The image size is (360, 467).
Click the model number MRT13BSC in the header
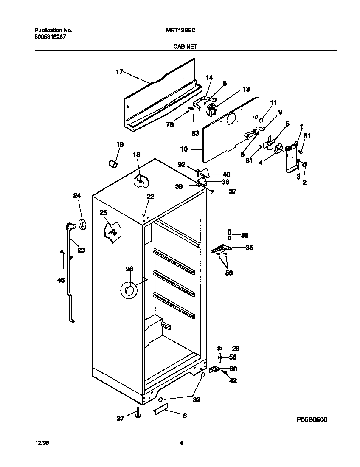[180, 31]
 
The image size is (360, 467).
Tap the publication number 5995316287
[50, 37]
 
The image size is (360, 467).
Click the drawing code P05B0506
[312, 419]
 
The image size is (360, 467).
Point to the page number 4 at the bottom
[181, 444]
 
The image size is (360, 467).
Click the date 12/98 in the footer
[40, 444]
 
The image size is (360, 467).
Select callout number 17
[119, 72]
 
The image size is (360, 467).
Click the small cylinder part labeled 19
[112, 163]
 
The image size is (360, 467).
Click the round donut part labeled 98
[129, 290]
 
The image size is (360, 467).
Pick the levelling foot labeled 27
[138, 413]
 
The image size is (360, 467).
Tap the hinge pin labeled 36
[229, 234]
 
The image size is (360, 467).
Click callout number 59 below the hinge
[229, 273]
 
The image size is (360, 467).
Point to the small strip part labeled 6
[160, 410]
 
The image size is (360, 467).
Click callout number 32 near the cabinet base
[197, 399]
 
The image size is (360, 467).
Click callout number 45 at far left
[61, 280]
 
